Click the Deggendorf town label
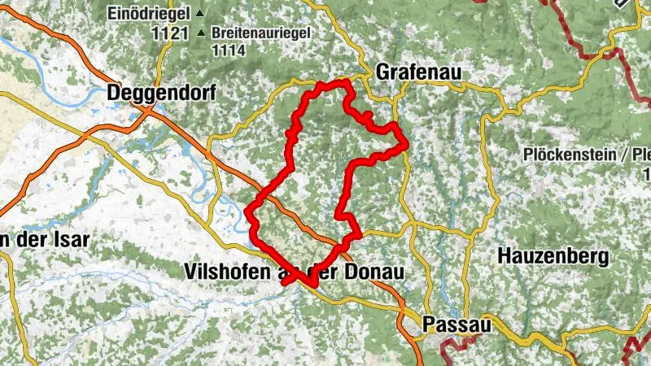pos(161,94)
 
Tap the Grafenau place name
pos(418,73)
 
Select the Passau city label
pos(457,325)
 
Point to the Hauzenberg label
pos(553,258)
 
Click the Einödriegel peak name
pos(148,14)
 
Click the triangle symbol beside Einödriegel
pos(199,14)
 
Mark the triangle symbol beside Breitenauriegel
pos(201,34)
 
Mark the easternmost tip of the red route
pos(406,146)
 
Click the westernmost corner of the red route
pos(247,213)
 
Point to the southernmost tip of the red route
pos(312,284)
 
